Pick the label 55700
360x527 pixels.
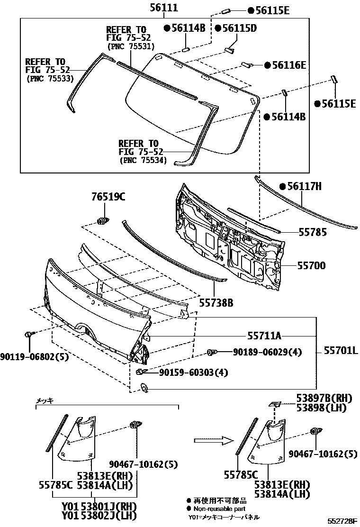point(312,266)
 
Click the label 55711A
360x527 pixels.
point(264,336)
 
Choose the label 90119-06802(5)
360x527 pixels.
point(35,357)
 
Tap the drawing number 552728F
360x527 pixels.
point(343,521)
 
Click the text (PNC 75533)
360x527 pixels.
point(46,78)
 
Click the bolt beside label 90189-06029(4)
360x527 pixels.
point(213,352)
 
